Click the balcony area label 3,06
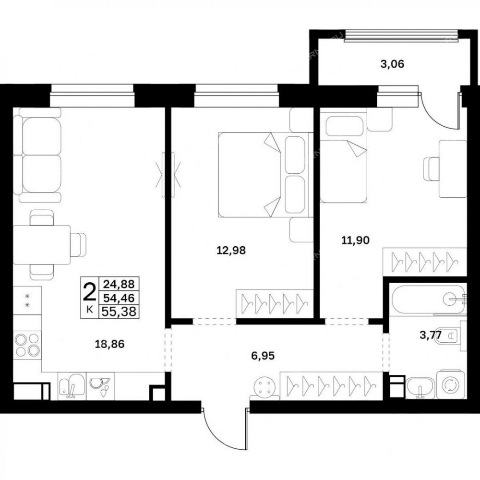tap(392, 64)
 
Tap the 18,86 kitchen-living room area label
tap(109, 344)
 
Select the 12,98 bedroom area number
tap(231, 251)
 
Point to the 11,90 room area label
tap(355, 240)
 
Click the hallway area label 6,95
tap(263, 356)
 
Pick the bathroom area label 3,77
tap(431, 335)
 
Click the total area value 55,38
tap(119, 312)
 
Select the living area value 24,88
tap(119, 284)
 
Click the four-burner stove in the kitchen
tap(27, 344)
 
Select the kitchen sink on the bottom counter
tap(72, 386)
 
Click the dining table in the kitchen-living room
tap(42, 245)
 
